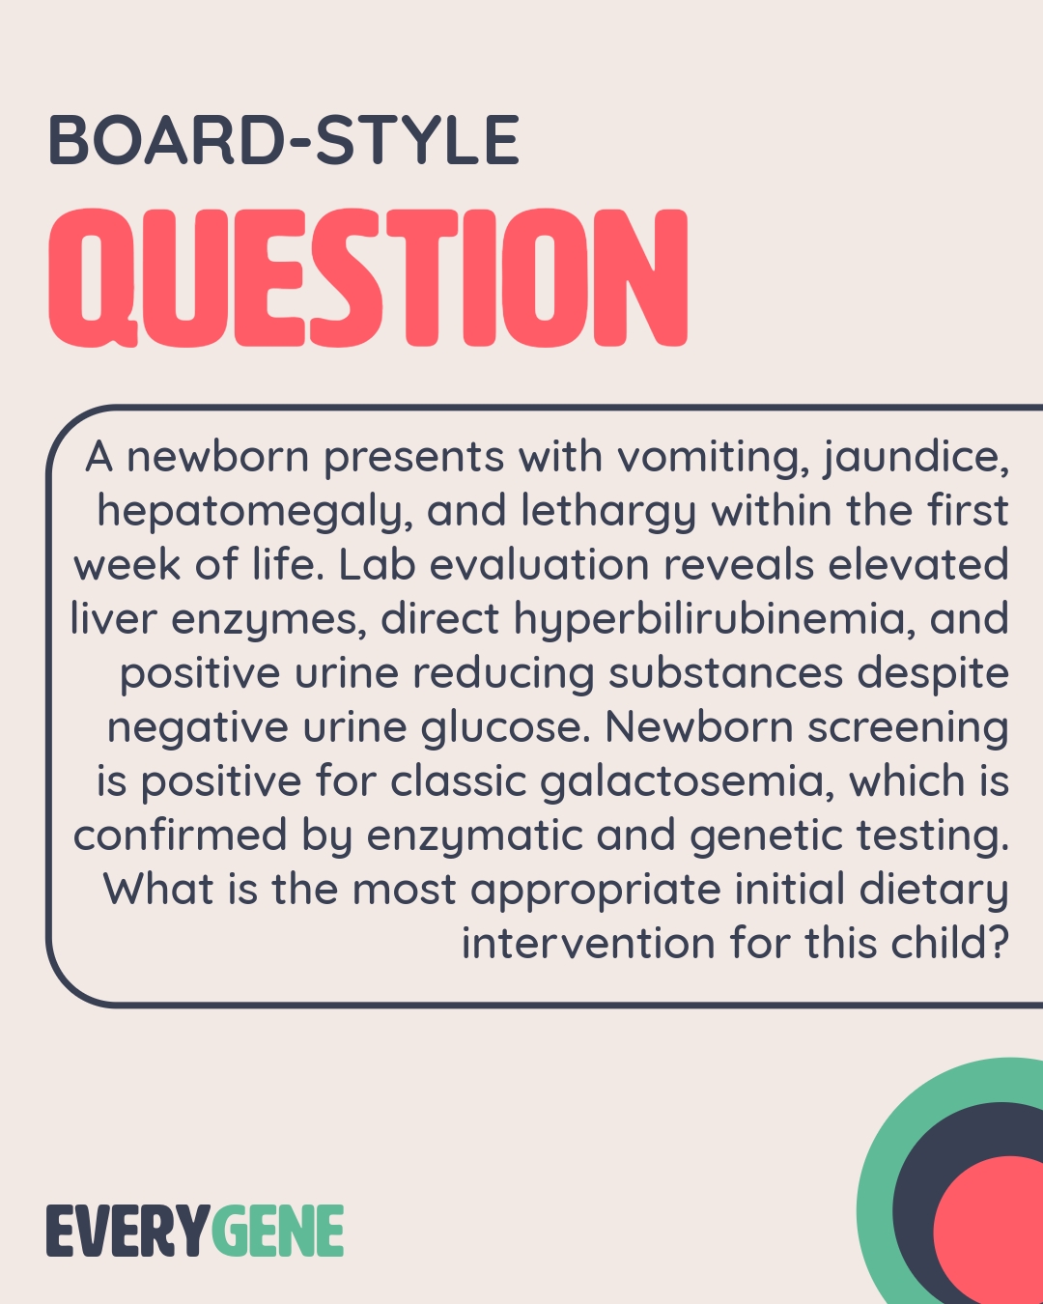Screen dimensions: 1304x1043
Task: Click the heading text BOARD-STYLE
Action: (283, 141)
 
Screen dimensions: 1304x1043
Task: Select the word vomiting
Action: (714, 457)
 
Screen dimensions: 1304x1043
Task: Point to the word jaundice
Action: (916, 457)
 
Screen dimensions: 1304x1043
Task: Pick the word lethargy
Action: (608, 511)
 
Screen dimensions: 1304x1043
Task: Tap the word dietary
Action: (934, 890)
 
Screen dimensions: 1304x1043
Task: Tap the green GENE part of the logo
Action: (278, 1232)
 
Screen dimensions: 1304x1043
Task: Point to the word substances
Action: (726, 673)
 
